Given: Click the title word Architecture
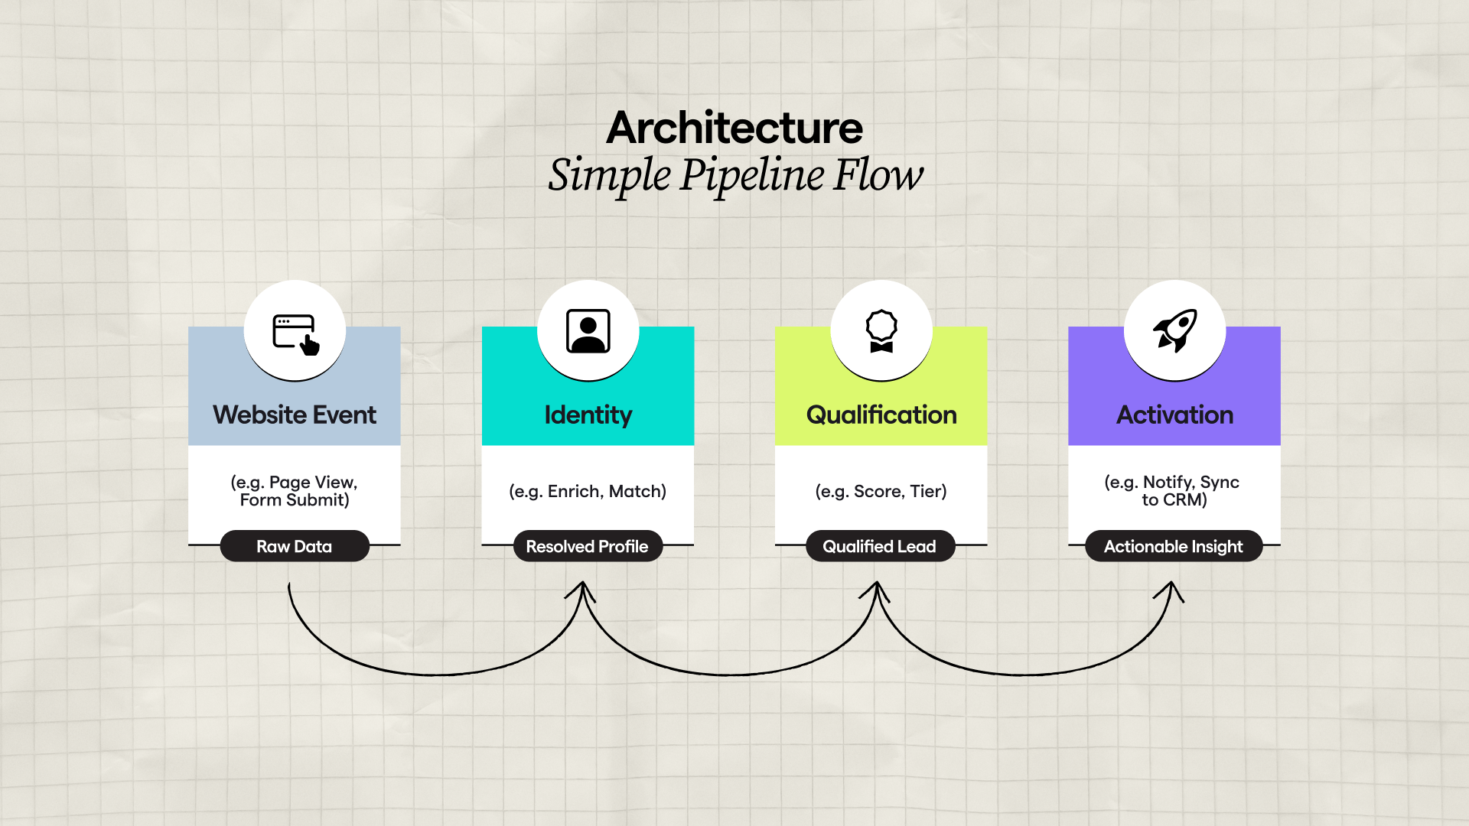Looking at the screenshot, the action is pos(734,128).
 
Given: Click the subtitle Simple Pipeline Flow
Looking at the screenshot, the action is pos(735,175).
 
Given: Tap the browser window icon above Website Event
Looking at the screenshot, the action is pos(295,333).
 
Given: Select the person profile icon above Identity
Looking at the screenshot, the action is pos(588,331).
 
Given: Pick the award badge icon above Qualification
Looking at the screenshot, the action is pos(881,331).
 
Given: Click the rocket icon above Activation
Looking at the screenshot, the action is pos(1174,330).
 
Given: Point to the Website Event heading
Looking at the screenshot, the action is pos(295,415).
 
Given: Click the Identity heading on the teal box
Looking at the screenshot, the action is pos(588,415).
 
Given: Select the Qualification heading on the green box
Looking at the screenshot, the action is pos(881,415).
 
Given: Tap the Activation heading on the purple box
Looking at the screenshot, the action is pos(1174,415).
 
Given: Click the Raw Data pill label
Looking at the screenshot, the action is pos(295,546).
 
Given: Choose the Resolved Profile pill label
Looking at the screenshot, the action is pos(587,546).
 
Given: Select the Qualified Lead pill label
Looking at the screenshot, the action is pos(880,546).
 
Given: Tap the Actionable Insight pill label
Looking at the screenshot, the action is pos(1173,546).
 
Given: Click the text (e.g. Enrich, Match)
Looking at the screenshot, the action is pos(588,491).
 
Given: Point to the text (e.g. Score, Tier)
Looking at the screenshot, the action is pos(881,491).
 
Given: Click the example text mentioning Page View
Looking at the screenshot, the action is pos(295,491).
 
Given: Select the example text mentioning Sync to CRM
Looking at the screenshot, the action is pos(1173,491).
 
